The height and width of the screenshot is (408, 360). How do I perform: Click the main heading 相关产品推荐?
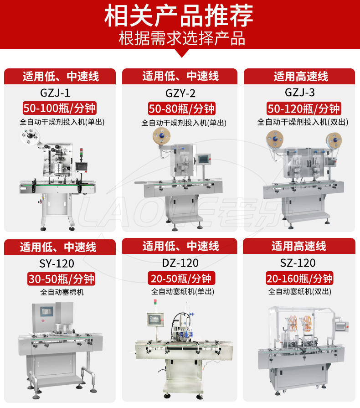point(179,15)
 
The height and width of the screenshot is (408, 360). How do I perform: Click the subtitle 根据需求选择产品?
point(182,38)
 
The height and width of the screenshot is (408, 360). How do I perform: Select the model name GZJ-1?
point(55,93)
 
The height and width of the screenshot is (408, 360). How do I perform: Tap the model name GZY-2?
point(180,93)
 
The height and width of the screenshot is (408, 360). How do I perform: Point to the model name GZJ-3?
point(300,93)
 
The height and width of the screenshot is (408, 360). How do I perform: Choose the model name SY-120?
point(57,263)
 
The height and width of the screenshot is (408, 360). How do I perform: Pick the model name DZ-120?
point(180,263)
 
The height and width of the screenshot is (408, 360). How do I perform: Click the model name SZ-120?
point(298,263)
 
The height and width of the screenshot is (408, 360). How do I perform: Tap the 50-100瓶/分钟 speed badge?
point(60,108)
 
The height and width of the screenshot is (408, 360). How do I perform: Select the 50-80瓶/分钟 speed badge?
point(181,108)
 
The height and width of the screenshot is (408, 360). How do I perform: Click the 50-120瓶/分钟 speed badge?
point(303,108)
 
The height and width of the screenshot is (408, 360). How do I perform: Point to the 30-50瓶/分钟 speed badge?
point(61,279)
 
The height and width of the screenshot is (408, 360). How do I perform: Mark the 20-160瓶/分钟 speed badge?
point(299,279)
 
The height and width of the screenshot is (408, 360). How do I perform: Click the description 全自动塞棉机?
point(62,292)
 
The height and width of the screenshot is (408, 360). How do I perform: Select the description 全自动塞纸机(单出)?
point(183,291)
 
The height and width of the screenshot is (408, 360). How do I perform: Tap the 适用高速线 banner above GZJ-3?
point(299,76)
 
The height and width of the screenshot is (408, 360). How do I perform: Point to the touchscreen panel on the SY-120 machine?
point(46,311)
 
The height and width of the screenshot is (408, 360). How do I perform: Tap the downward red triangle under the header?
point(182,53)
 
